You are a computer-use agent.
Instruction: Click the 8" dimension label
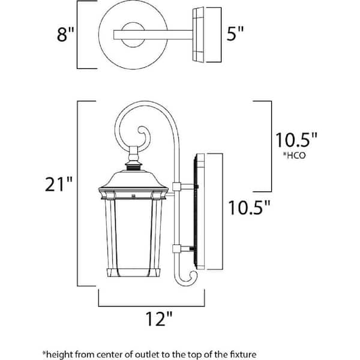(64, 35)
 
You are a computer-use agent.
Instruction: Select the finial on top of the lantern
(133, 159)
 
